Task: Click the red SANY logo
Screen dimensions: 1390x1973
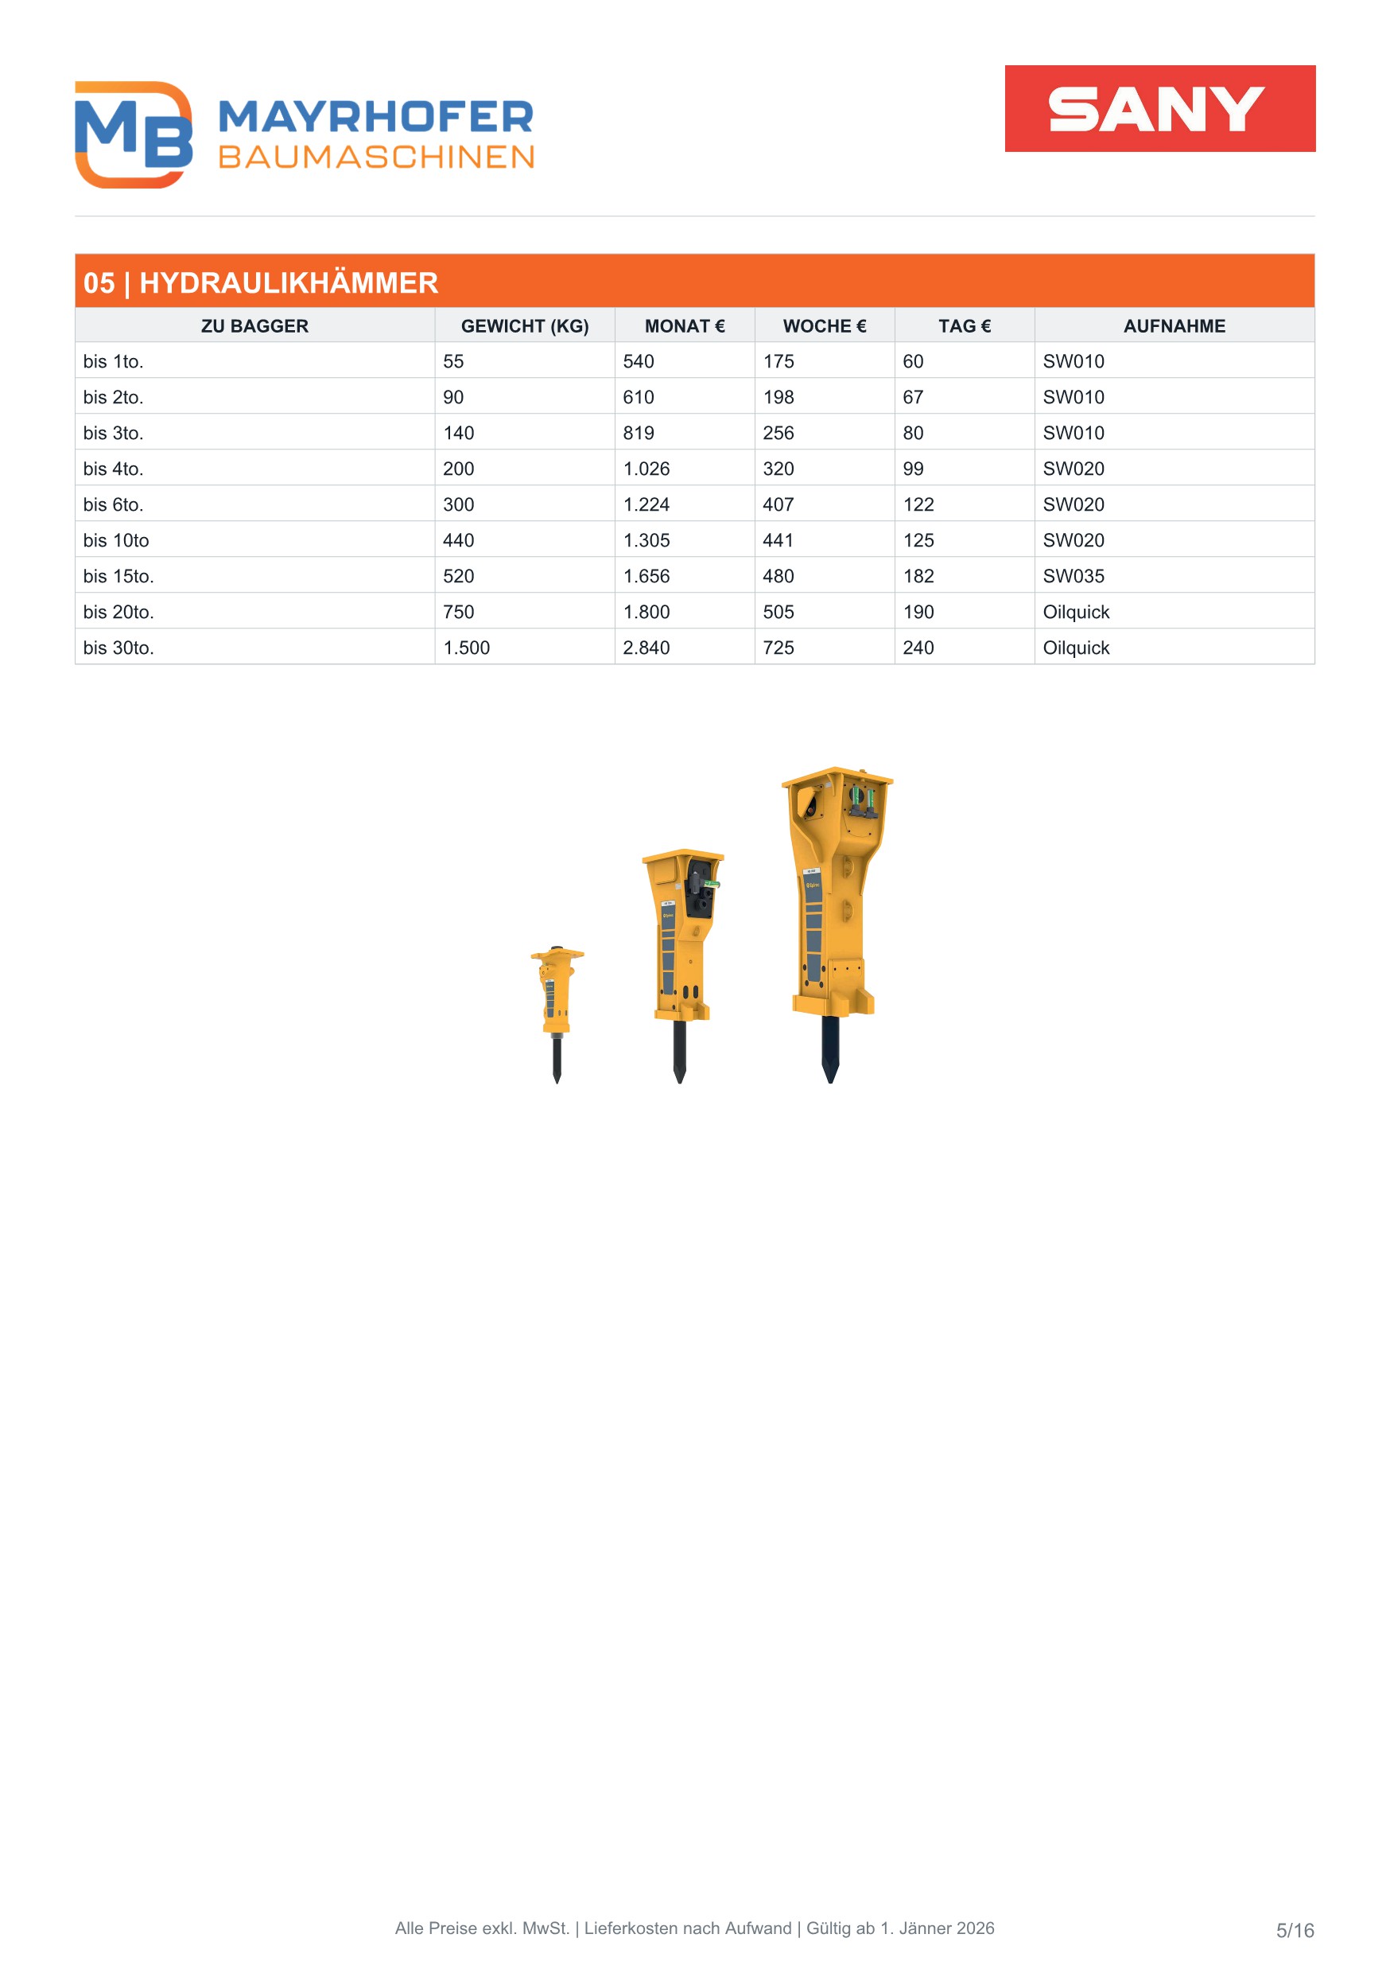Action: click(1159, 108)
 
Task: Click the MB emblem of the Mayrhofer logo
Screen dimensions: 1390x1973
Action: click(133, 134)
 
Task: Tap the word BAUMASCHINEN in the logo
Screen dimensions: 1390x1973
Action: click(376, 158)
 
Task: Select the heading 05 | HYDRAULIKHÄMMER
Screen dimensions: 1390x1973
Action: click(260, 282)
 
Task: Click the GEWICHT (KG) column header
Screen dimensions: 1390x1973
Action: click(525, 325)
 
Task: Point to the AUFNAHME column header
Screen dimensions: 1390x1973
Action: click(1175, 325)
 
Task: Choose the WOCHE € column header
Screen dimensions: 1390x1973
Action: click(825, 325)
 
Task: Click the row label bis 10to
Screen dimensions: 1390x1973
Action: click(116, 540)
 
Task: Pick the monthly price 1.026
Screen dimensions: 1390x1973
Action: click(646, 469)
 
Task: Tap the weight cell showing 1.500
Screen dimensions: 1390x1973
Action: click(467, 648)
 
